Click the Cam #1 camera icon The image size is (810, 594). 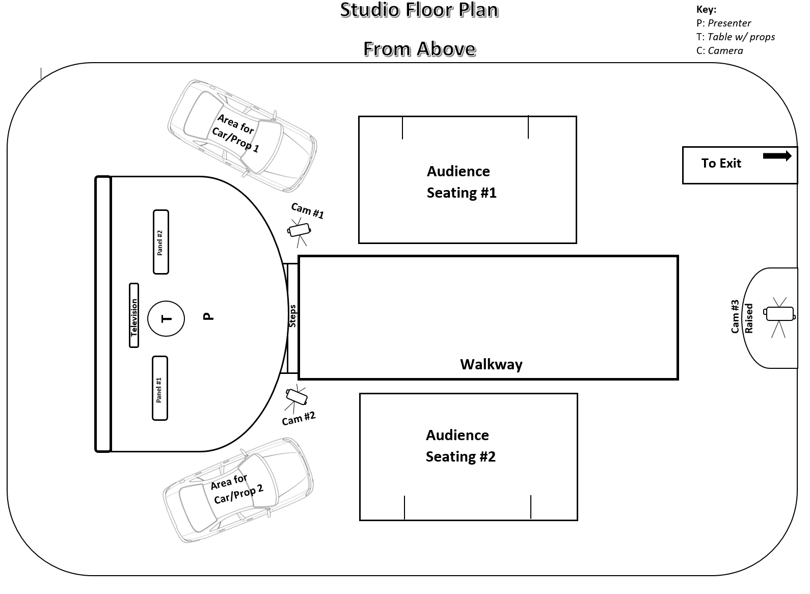pos(299,229)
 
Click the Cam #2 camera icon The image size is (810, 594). pos(296,395)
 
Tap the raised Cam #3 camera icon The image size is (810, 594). pos(779,314)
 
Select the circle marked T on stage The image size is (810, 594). pos(166,318)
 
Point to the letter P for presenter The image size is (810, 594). pos(208,316)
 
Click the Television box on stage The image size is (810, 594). pos(134,315)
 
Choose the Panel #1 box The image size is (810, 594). pos(160,388)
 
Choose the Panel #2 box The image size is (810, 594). pos(160,242)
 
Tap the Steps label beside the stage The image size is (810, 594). pos(293,316)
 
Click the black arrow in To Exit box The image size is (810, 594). pos(777,156)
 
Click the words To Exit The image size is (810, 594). pos(721,164)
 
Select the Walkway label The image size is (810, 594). pos(491,364)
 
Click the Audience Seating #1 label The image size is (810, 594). pos(461,182)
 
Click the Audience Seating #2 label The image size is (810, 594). pos(460,446)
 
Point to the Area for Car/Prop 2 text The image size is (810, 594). pos(236,488)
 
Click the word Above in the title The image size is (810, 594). pos(446,49)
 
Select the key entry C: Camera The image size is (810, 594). pos(719,50)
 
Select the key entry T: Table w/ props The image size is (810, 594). pos(735,37)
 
